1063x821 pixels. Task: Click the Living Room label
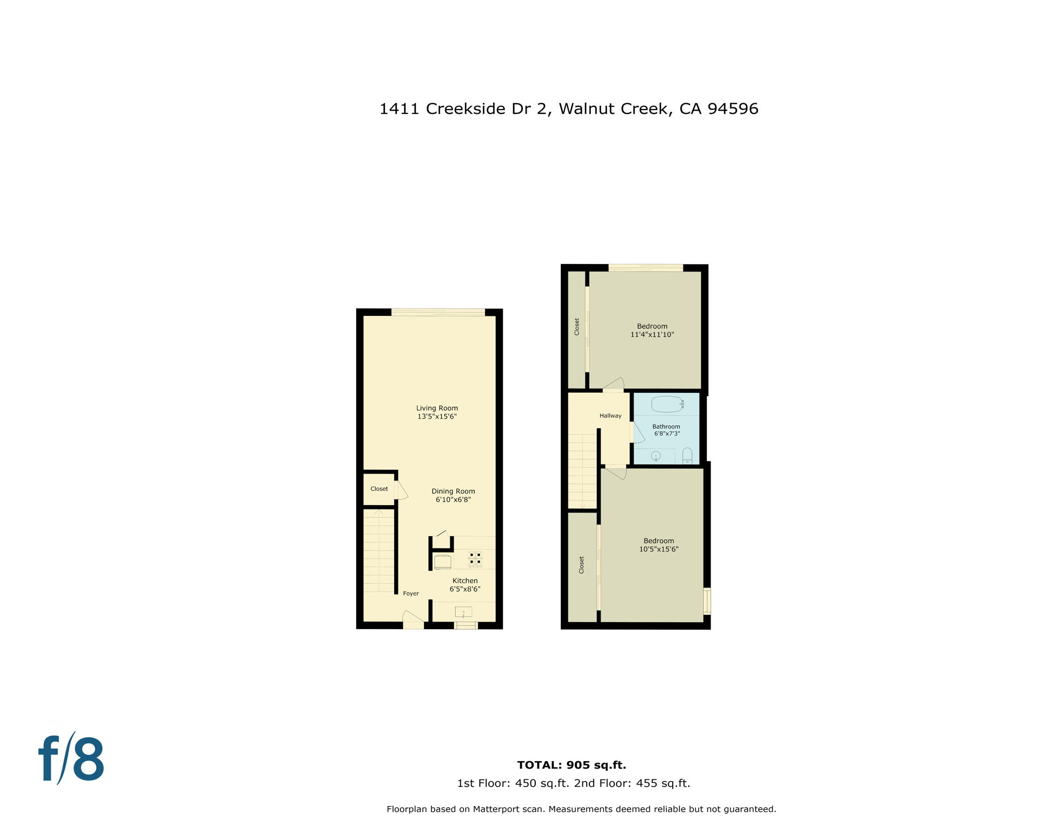pyautogui.click(x=437, y=408)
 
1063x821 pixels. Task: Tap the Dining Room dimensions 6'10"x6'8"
pyautogui.click(x=453, y=500)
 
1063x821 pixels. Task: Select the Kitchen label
pyautogui.click(x=465, y=580)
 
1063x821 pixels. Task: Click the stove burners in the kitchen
pyautogui.click(x=475, y=559)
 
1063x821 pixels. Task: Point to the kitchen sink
pyautogui.click(x=463, y=612)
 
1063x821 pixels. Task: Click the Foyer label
pyautogui.click(x=411, y=593)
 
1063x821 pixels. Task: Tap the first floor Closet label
pyautogui.click(x=379, y=489)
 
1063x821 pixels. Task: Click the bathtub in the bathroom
pyautogui.click(x=666, y=404)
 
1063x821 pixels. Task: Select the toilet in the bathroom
pyautogui.click(x=687, y=456)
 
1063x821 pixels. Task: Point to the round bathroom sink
pyautogui.click(x=656, y=456)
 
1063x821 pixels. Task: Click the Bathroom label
pyautogui.click(x=666, y=427)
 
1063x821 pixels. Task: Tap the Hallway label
pyautogui.click(x=610, y=415)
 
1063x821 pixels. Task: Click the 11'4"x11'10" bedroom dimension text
pyautogui.click(x=652, y=335)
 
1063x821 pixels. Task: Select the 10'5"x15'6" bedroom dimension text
pyautogui.click(x=658, y=549)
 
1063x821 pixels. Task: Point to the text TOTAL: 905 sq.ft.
pyautogui.click(x=571, y=765)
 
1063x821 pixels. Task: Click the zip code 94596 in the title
pyautogui.click(x=733, y=109)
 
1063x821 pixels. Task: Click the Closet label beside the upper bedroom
pyautogui.click(x=576, y=327)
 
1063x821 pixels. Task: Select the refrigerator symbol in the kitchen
pyautogui.click(x=443, y=562)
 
